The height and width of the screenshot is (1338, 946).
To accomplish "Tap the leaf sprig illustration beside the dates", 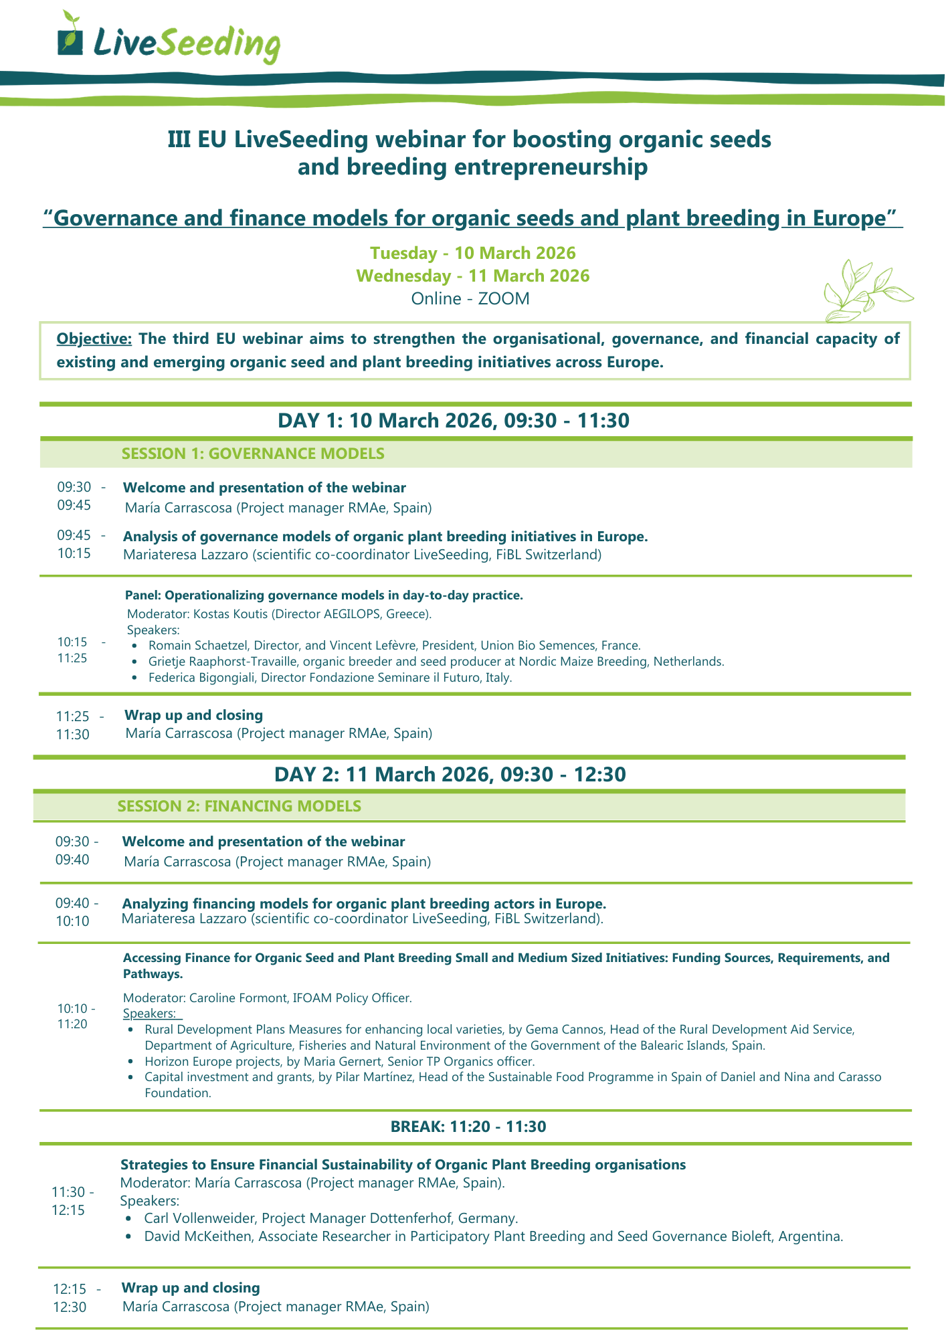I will pyautogui.click(x=867, y=292).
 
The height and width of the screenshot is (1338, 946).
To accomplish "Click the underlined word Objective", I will pyautogui.click(x=94, y=339).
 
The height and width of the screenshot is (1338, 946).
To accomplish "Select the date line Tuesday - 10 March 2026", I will pyautogui.click(x=472, y=253).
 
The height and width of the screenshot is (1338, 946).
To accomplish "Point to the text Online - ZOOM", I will pyautogui.click(x=470, y=298).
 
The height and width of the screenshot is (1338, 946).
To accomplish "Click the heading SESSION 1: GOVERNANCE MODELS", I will pyautogui.click(x=253, y=454).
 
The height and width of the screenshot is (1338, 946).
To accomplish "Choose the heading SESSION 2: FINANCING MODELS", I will pyautogui.click(x=239, y=806).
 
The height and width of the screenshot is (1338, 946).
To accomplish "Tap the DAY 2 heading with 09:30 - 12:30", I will pyautogui.click(x=450, y=774).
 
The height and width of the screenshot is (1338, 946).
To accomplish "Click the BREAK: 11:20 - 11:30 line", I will pyautogui.click(x=468, y=1127).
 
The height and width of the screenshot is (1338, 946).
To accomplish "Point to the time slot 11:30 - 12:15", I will pyautogui.click(x=72, y=1201).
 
